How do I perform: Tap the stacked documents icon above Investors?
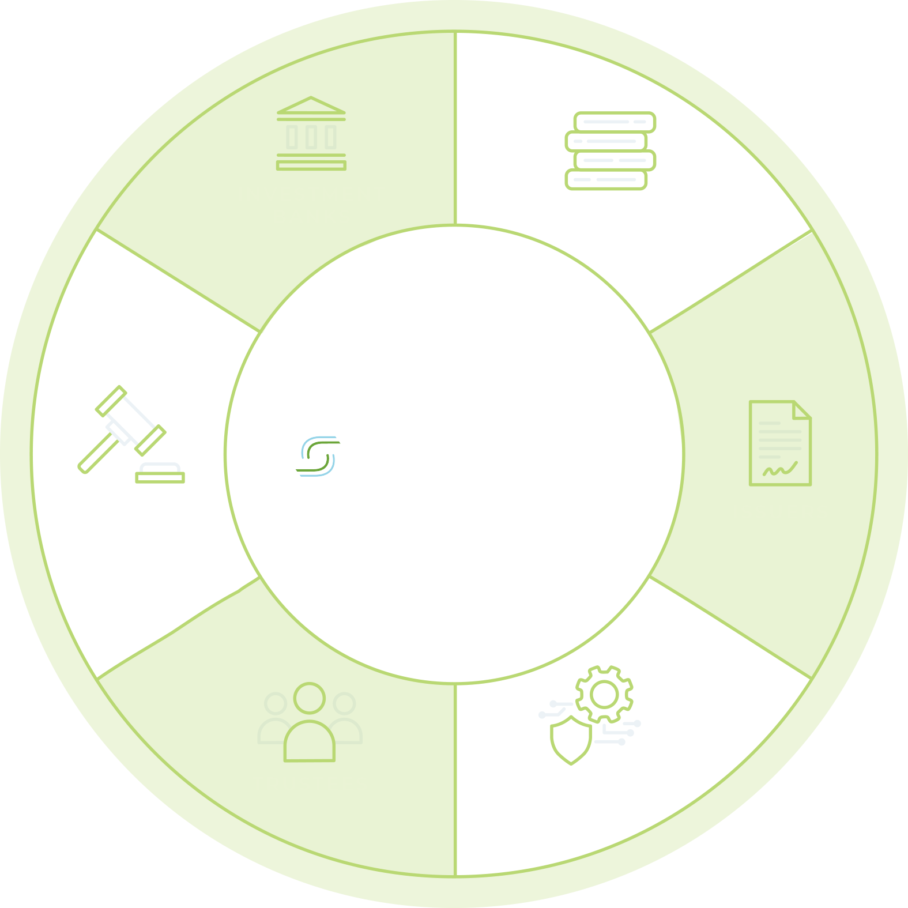(611, 150)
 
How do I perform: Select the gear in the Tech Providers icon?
(604, 694)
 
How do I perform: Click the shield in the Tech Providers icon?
(571, 740)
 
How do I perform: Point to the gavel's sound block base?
(160, 473)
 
